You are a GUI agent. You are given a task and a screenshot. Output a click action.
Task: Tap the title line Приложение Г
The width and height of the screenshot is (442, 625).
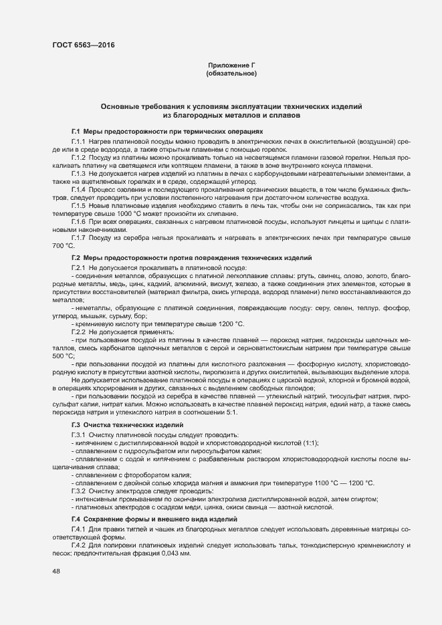(x=231, y=65)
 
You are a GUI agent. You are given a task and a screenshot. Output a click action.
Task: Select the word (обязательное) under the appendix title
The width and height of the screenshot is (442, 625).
(x=231, y=73)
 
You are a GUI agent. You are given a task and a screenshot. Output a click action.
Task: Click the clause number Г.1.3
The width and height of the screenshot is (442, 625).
(x=80, y=173)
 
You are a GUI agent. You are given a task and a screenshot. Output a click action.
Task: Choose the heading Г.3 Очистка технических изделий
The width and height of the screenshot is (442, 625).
(x=126, y=424)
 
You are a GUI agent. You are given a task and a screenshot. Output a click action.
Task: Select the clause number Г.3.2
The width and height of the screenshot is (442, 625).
(x=80, y=491)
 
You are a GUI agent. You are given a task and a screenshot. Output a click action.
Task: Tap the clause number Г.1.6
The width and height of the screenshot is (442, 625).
(x=80, y=221)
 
